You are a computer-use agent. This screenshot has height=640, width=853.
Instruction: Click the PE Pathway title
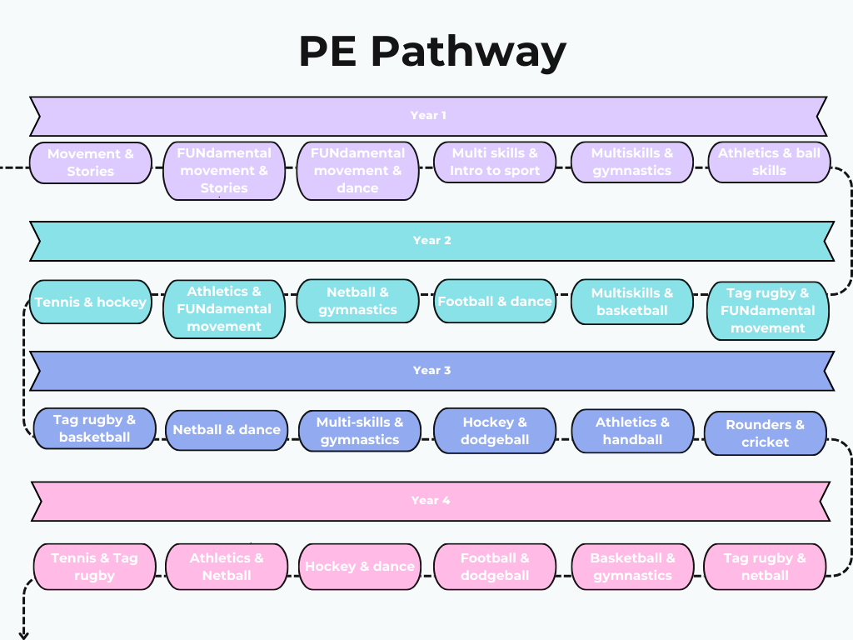[x=432, y=52]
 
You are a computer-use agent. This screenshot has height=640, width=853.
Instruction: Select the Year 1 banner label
[x=428, y=116]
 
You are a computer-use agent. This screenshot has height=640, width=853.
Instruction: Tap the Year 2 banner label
[x=431, y=241]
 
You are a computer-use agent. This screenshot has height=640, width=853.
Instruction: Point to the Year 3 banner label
[x=431, y=371]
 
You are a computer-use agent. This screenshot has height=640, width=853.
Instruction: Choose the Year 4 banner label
[x=431, y=501]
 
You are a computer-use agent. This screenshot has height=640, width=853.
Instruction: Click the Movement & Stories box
[x=91, y=162]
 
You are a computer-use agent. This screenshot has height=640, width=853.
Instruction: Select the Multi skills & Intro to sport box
[x=495, y=162]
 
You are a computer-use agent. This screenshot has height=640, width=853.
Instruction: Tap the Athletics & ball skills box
[x=769, y=162]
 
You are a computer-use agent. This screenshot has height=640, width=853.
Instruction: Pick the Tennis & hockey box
[x=91, y=302]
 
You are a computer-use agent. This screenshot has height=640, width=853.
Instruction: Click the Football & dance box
[x=495, y=302]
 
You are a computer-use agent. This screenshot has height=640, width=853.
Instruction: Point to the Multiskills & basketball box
[x=632, y=302]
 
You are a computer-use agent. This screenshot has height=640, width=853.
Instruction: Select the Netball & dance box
[x=227, y=430]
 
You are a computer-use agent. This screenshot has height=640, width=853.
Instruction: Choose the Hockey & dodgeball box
[x=495, y=431]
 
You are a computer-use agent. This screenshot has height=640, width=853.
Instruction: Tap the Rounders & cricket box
[x=765, y=433]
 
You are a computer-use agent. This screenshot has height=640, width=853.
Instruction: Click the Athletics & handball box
[x=632, y=431]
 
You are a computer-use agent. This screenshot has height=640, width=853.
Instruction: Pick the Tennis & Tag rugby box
[x=94, y=567]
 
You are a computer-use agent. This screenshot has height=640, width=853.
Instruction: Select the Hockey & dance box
[x=360, y=567]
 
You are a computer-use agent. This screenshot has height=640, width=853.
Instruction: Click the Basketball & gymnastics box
[x=632, y=567]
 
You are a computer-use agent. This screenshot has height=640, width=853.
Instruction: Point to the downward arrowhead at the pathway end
[x=23, y=634]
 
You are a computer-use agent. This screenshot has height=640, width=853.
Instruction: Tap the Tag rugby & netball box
[x=765, y=567]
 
